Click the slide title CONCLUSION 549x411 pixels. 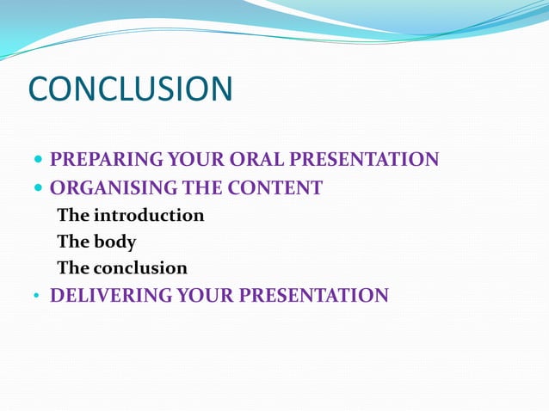coord(131,90)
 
